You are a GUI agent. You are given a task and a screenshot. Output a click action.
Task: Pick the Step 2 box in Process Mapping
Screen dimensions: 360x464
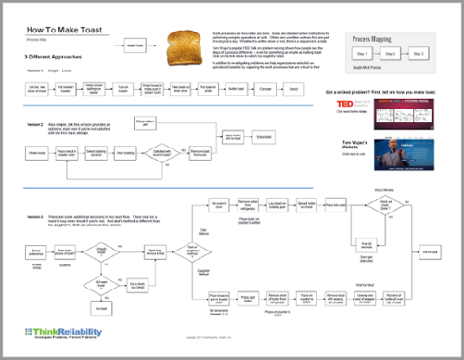pyautogui.click(x=390, y=55)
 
